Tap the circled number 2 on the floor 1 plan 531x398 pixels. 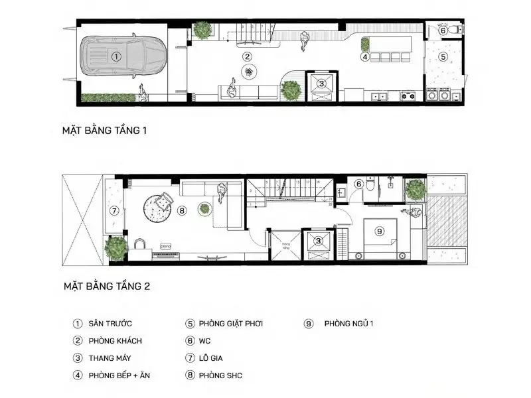point(247,57)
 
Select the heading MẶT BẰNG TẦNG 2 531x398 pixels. point(106,287)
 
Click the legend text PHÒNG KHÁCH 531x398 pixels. point(114,341)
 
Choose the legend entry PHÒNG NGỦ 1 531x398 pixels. point(349,324)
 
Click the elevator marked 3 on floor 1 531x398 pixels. point(322,84)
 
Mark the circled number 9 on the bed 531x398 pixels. point(380,232)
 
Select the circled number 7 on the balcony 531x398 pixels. point(114,211)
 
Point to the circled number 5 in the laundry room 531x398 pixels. point(443,57)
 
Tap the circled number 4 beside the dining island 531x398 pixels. point(365,57)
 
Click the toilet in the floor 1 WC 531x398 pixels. point(458,30)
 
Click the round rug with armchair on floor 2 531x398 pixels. point(159,205)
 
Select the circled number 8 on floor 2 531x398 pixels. point(183,211)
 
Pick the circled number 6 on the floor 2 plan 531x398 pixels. point(358,184)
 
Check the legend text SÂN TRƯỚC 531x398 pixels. point(110,324)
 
